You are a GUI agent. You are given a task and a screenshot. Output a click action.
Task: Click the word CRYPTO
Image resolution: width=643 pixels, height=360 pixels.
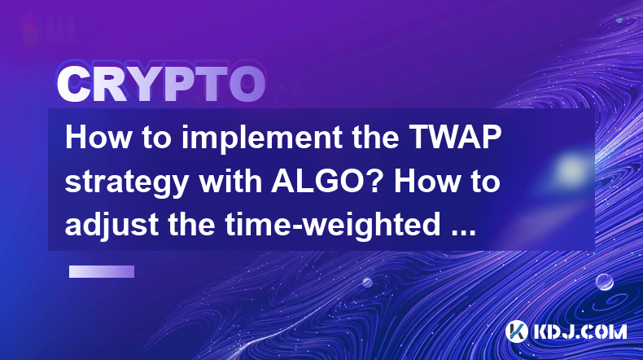coord(161,84)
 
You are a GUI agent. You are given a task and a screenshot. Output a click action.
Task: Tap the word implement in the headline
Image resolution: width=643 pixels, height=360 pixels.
coord(261,138)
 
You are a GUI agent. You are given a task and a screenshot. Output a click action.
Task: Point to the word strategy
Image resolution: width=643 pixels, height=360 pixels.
coord(126,183)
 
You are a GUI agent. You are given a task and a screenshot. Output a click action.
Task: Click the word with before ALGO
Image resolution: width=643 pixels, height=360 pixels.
coord(230,181)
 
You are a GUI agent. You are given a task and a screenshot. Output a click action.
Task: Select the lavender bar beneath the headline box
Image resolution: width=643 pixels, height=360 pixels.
coord(102,272)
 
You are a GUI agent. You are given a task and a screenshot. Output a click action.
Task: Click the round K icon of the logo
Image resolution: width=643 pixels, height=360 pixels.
coord(517,331)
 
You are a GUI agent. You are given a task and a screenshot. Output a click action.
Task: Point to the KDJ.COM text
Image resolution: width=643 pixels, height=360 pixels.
coord(580,331)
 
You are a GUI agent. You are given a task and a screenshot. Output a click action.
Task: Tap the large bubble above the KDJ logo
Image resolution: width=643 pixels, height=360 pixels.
coord(604,282)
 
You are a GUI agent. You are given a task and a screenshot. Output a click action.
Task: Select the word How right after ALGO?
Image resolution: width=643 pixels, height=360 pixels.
coord(426,181)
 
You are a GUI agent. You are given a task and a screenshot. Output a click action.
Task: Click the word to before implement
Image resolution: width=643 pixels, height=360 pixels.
coord(156,138)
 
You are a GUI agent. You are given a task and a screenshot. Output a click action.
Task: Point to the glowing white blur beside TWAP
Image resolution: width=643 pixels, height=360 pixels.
coord(570,169)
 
